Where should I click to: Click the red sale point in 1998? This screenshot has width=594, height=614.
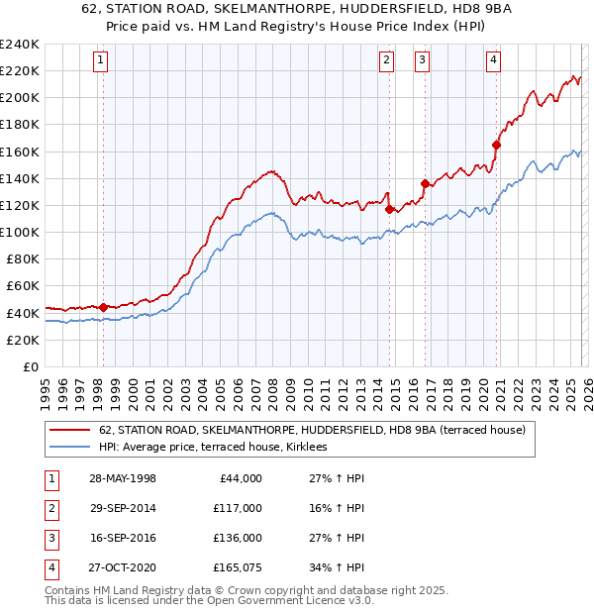(x=103, y=307)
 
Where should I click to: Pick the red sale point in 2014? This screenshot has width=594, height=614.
(x=389, y=209)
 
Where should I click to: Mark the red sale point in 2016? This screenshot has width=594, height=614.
(x=425, y=183)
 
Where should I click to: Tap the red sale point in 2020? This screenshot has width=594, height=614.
(x=496, y=145)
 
